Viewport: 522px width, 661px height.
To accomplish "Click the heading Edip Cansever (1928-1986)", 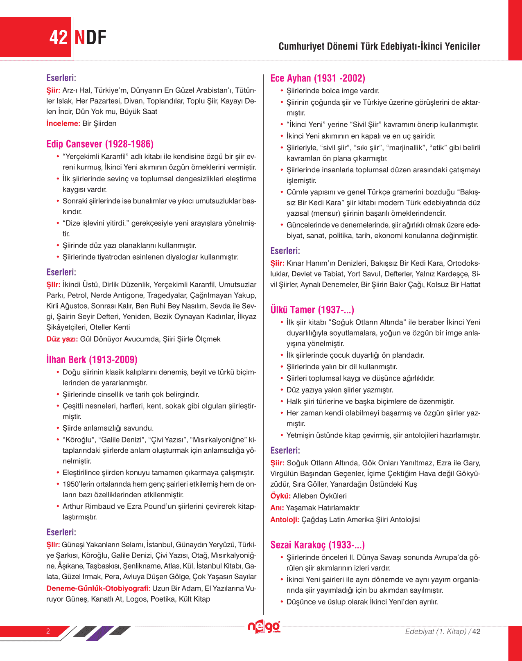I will [100, 144].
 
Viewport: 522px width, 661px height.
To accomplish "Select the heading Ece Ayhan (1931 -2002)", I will [318, 78].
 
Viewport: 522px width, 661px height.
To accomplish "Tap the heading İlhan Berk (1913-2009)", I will [92, 360].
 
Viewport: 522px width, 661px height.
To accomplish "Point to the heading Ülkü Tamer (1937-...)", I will [312, 310].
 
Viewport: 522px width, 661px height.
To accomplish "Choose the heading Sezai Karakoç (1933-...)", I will [317, 545].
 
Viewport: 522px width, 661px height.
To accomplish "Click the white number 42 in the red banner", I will [58, 38].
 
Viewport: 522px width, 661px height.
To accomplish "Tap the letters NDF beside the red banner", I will [90, 38].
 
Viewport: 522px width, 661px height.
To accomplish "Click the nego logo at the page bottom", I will [264, 627].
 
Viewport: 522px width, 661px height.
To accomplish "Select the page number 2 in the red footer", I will [48, 631].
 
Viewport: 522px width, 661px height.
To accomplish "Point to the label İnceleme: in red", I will [63, 124].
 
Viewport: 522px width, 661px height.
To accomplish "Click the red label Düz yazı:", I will [62, 339].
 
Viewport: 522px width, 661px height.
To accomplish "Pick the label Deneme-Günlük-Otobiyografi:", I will [98, 589].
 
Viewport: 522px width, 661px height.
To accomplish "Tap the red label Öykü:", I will [280, 496].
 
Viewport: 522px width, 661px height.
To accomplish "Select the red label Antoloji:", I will [285, 520].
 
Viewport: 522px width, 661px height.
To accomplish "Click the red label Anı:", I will [277, 508].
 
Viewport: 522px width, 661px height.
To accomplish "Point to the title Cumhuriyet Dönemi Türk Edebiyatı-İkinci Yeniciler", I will [379, 46].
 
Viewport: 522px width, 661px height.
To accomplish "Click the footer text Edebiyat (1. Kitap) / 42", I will [443, 632].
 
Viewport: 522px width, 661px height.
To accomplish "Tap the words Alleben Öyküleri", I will [320, 496].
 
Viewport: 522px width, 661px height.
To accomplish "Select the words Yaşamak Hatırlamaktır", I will [323, 508].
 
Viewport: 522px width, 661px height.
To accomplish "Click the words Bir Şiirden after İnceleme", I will [99, 124].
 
